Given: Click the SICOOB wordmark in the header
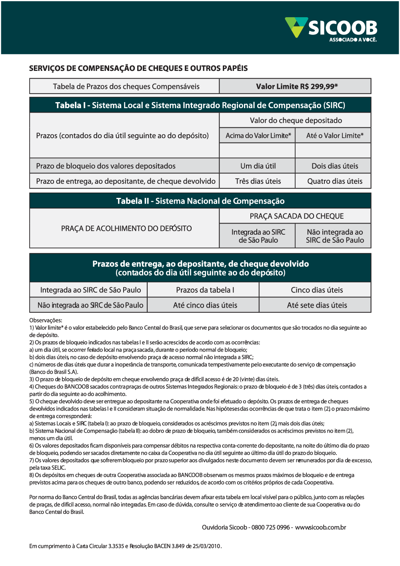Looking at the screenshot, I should (343, 28).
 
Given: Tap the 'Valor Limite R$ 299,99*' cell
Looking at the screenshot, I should (296, 86).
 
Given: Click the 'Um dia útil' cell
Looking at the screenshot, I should (258, 166).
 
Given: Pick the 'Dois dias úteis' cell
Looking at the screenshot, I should (335, 166).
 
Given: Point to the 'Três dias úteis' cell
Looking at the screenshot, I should (258, 181).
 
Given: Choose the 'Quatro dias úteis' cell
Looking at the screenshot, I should (335, 181).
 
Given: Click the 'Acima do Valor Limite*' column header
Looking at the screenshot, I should (258, 135).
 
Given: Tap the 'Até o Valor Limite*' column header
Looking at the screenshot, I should (335, 135).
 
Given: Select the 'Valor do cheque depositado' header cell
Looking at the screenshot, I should (296, 120).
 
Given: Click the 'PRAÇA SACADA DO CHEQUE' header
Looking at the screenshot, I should (296, 216).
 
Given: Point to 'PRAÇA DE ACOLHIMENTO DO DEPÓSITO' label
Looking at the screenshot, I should (126, 228).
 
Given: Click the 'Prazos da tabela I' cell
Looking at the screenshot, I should (205, 290).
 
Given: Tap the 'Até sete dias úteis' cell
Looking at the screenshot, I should (317, 305).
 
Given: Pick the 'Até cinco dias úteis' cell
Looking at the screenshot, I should (205, 305).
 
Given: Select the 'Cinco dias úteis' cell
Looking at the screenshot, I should (317, 290).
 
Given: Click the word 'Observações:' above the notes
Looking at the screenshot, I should (46, 320).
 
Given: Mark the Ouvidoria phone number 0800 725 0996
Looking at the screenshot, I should (270, 527).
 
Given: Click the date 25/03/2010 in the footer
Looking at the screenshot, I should (206, 546).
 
